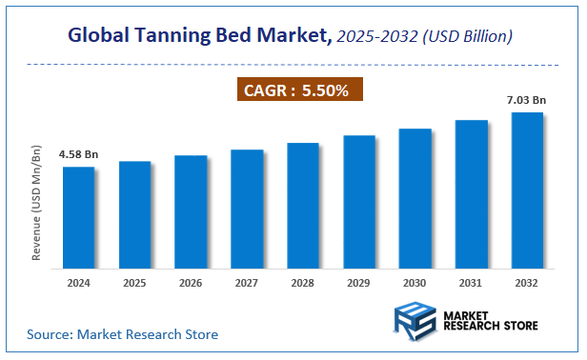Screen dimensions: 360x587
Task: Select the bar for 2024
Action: [78, 216]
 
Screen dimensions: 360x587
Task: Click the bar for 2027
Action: [247, 208]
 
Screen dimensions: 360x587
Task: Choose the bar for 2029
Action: [358, 201]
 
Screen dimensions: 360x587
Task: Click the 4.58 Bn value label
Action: [78, 154]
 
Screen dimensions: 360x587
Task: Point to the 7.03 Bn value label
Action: [527, 99]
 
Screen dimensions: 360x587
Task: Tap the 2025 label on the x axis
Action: [134, 283]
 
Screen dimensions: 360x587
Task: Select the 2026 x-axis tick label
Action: [191, 283]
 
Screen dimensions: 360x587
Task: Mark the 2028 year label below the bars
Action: [303, 283]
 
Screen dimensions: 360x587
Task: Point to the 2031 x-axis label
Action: [471, 283]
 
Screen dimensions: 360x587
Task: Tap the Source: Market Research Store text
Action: [122, 334]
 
